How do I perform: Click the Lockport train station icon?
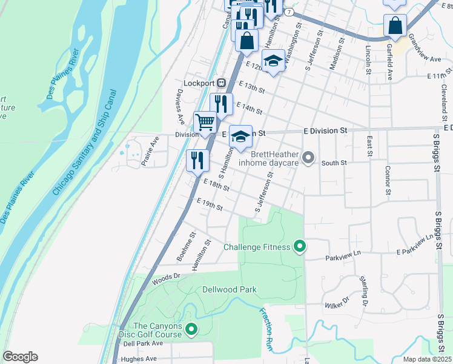click(x=222, y=83)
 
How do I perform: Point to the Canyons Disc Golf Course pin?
click(x=191, y=330)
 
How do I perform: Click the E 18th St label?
click(x=216, y=185)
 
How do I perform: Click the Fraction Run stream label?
click(x=266, y=330)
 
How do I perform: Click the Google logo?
click(x=20, y=357)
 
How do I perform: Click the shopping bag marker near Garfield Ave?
click(x=394, y=27)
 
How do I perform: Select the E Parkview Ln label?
click(x=416, y=251)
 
